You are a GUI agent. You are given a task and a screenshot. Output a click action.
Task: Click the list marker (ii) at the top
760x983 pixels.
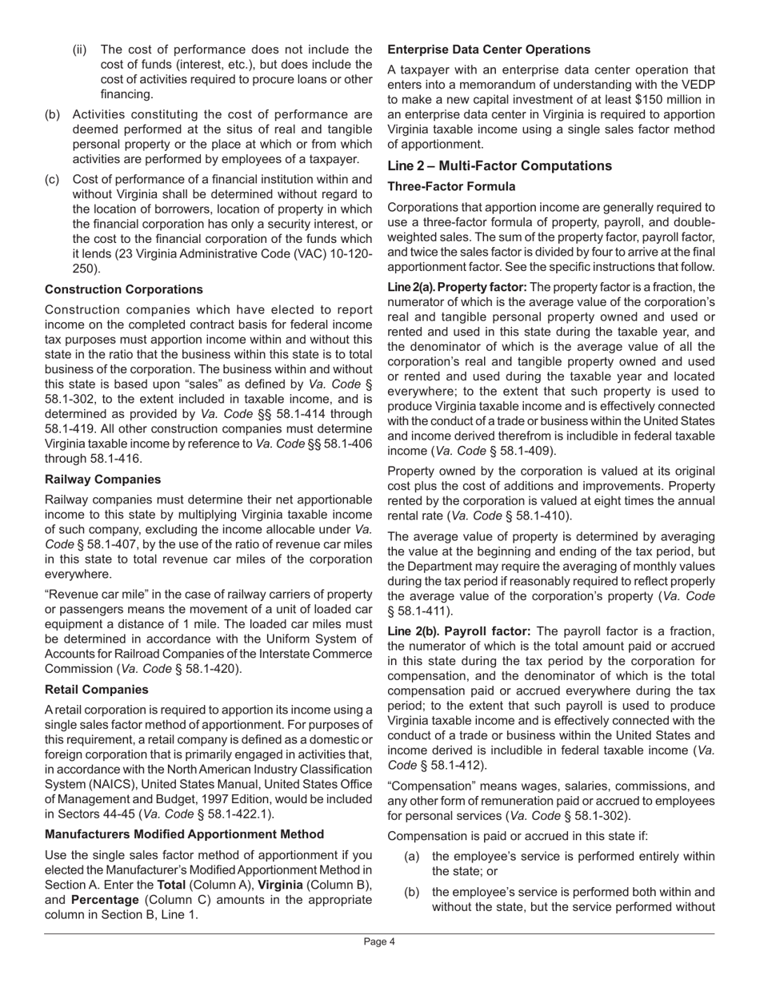[x=79, y=50]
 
